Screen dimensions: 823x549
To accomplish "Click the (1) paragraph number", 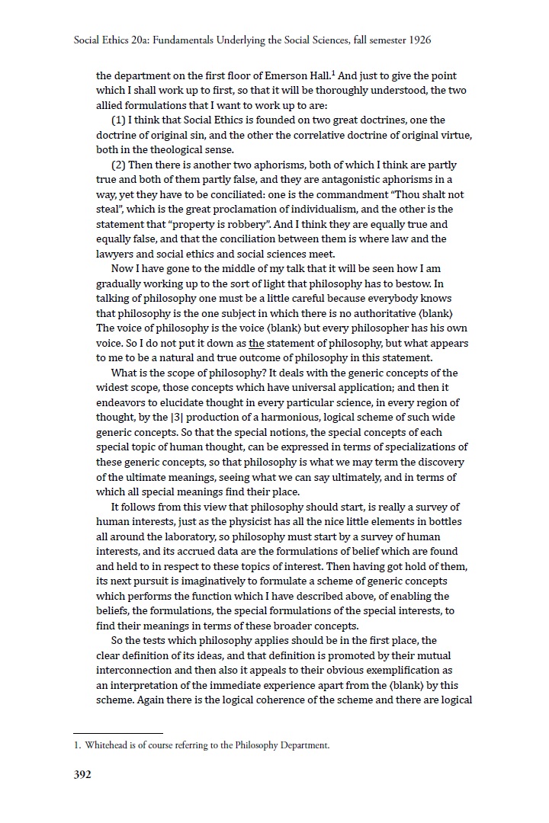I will [118, 120].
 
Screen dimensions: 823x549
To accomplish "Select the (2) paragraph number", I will [118, 165].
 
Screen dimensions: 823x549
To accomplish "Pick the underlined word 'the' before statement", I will [256, 343].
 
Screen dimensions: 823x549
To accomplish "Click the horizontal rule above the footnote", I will [130, 732].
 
